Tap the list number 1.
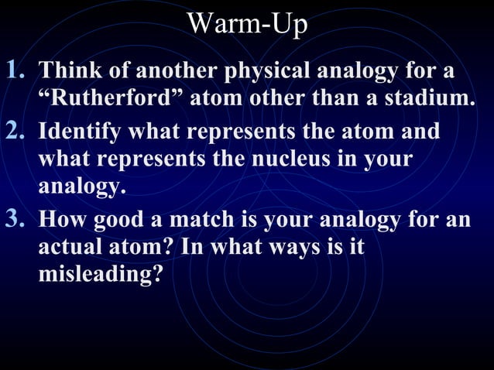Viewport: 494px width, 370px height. (17, 71)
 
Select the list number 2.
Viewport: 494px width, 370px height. (17, 130)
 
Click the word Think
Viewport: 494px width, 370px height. (66, 72)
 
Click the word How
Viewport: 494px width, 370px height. (63, 219)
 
